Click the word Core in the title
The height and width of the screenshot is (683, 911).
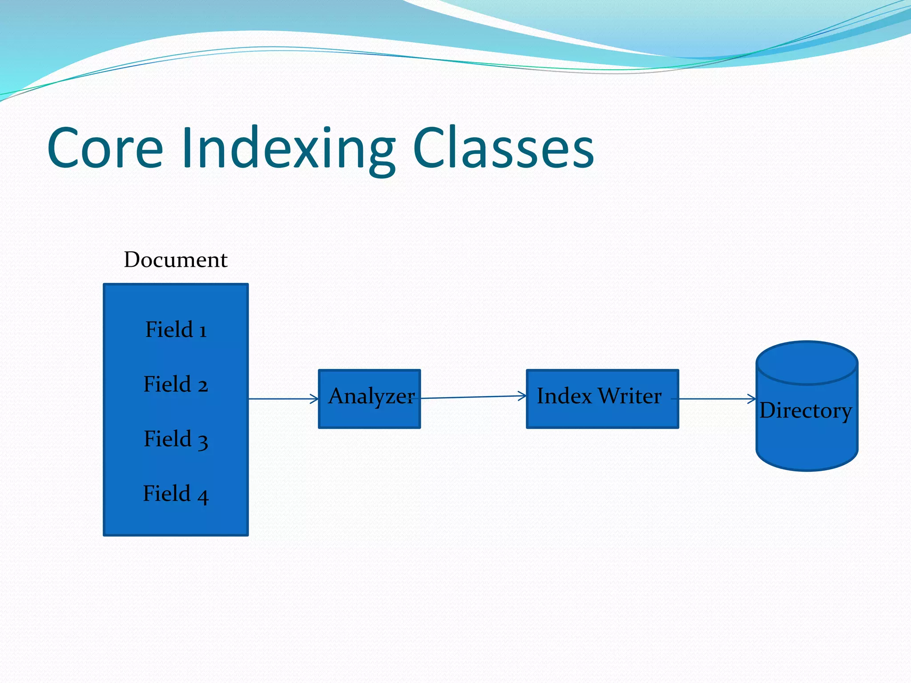click(105, 148)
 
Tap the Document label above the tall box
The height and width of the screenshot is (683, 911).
click(175, 260)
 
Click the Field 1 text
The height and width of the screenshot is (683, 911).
click(176, 329)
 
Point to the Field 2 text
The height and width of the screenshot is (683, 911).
click(176, 384)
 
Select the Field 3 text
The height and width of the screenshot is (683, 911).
click(176, 439)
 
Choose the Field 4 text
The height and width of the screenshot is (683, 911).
click(176, 494)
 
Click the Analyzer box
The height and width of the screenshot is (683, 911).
click(369, 414)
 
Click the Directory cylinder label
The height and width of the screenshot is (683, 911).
click(806, 410)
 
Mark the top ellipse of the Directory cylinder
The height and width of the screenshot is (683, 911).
click(806, 362)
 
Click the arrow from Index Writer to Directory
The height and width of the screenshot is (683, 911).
click(716, 399)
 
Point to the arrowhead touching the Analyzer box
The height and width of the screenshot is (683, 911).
click(315, 399)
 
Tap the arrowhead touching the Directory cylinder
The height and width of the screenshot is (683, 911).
click(753, 399)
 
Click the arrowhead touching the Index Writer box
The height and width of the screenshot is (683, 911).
click(523, 396)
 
